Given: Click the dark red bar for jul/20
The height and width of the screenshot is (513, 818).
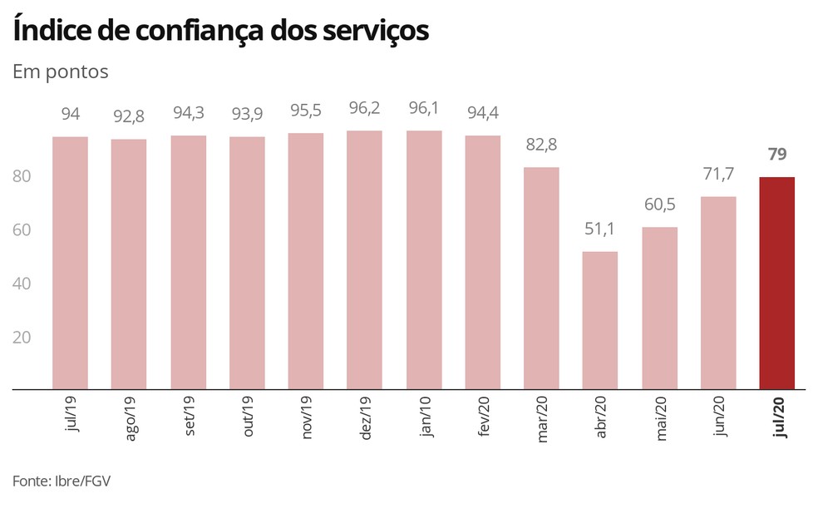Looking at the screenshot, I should (x=777, y=283).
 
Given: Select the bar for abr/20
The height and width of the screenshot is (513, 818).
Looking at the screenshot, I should (x=600, y=320).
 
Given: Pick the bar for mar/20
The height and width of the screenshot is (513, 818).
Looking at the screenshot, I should (x=541, y=278).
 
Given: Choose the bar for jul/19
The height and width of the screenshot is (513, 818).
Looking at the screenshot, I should (x=70, y=263).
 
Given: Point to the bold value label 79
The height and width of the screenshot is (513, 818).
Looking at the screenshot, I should (x=777, y=155).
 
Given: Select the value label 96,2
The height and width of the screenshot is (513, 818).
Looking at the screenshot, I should (x=364, y=108).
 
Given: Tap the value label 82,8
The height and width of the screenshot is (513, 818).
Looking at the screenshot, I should (x=541, y=145).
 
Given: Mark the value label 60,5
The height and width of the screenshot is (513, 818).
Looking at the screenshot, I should (x=659, y=205).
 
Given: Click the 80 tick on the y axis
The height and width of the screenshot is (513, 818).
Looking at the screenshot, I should (x=22, y=176).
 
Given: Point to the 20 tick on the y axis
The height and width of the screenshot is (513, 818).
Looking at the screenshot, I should (x=22, y=337).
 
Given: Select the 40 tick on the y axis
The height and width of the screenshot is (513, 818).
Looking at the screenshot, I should (x=22, y=284).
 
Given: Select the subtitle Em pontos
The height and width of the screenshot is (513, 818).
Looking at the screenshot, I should (x=61, y=72).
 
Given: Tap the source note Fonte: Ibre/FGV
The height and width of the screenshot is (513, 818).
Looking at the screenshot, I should (x=62, y=481).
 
